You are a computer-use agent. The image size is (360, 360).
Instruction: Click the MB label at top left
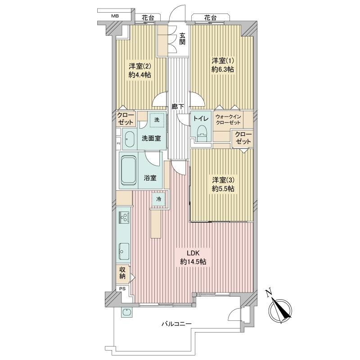[115, 16]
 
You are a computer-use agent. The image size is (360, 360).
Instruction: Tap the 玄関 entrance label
[182, 39]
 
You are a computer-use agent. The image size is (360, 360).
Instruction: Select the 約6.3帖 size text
[222, 69]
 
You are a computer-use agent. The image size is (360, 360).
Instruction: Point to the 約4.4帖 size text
[140, 75]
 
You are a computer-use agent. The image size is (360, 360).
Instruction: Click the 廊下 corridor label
[178, 107]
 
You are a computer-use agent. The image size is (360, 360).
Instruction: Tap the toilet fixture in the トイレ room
[202, 133]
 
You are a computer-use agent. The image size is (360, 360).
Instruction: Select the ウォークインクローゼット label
[228, 120]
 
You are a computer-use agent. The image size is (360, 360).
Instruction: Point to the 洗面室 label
[151, 139]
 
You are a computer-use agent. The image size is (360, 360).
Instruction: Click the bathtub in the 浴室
[128, 170]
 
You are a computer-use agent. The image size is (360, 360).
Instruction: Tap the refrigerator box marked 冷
[159, 199]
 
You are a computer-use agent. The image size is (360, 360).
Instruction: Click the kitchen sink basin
[125, 251]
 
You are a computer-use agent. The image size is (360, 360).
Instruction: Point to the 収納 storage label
[122, 273]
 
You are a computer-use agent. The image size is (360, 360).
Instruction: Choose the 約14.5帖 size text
[193, 261]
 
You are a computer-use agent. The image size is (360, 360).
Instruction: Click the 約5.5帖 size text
[223, 189]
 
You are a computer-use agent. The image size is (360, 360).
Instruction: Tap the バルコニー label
[176, 324]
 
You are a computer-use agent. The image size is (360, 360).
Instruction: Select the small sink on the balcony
[126, 312]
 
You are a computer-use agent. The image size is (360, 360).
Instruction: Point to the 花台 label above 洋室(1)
[210, 18]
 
